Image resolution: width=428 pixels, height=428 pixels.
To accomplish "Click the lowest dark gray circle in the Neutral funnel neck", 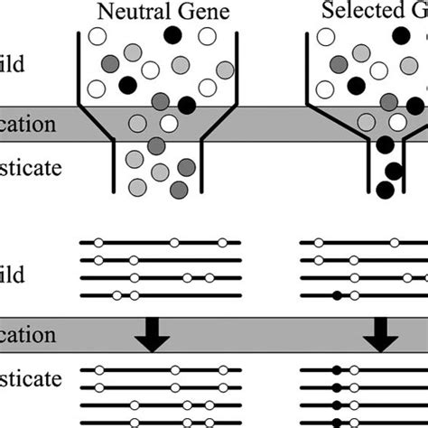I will click(179, 188).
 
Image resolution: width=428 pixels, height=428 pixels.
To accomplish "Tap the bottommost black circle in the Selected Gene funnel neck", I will click(385, 189).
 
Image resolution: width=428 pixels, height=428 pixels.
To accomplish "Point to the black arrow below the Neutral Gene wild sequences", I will click(152, 339).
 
